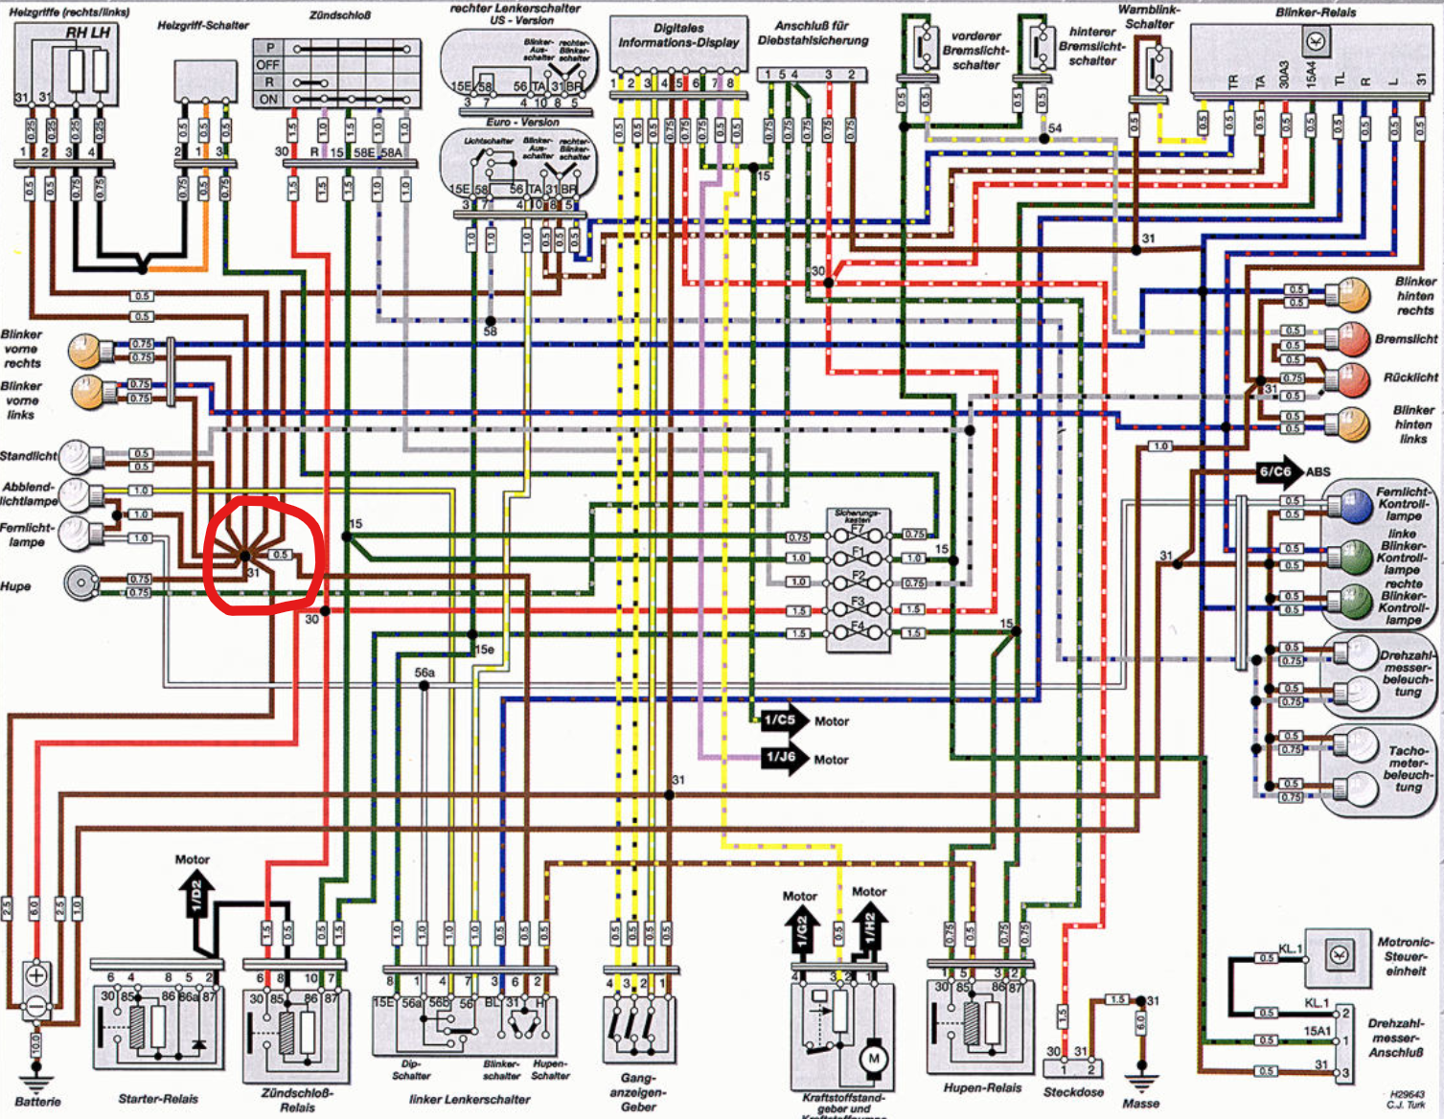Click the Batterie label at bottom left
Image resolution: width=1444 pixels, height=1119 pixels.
[37, 1102]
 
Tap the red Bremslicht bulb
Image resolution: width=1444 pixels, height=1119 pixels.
[1351, 339]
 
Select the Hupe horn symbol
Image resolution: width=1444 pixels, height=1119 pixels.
[81, 582]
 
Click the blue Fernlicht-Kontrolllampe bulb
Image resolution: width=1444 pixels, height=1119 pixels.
[1354, 505]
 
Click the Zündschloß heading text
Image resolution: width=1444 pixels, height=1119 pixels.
[339, 15]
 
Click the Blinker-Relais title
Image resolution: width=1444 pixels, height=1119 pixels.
[1316, 12]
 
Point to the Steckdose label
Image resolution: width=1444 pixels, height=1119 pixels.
[1073, 1092]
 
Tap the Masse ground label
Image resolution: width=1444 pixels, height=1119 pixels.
[1140, 1103]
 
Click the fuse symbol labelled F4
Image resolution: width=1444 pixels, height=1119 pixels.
[858, 632]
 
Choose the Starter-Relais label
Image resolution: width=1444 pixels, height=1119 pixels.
[158, 1099]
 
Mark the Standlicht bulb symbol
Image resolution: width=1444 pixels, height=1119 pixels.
[82, 457]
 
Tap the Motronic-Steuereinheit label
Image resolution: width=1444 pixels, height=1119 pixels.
[1405, 956]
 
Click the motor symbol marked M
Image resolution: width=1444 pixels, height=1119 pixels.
[873, 1059]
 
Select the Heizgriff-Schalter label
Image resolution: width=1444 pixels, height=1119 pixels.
[203, 26]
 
